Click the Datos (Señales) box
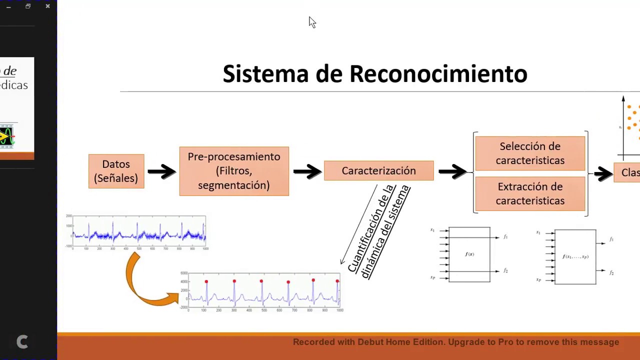116,171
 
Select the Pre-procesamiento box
234,171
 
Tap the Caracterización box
378,171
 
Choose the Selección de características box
530,153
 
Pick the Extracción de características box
530,193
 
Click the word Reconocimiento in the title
438,74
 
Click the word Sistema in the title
265,74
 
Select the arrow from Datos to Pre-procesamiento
161,171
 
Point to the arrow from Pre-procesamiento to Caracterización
306,171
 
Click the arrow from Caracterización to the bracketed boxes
452,171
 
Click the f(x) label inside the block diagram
469,254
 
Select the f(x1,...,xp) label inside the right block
575,256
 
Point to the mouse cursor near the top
312,22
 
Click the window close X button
47,6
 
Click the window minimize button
8,6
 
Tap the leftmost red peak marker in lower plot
206,282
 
